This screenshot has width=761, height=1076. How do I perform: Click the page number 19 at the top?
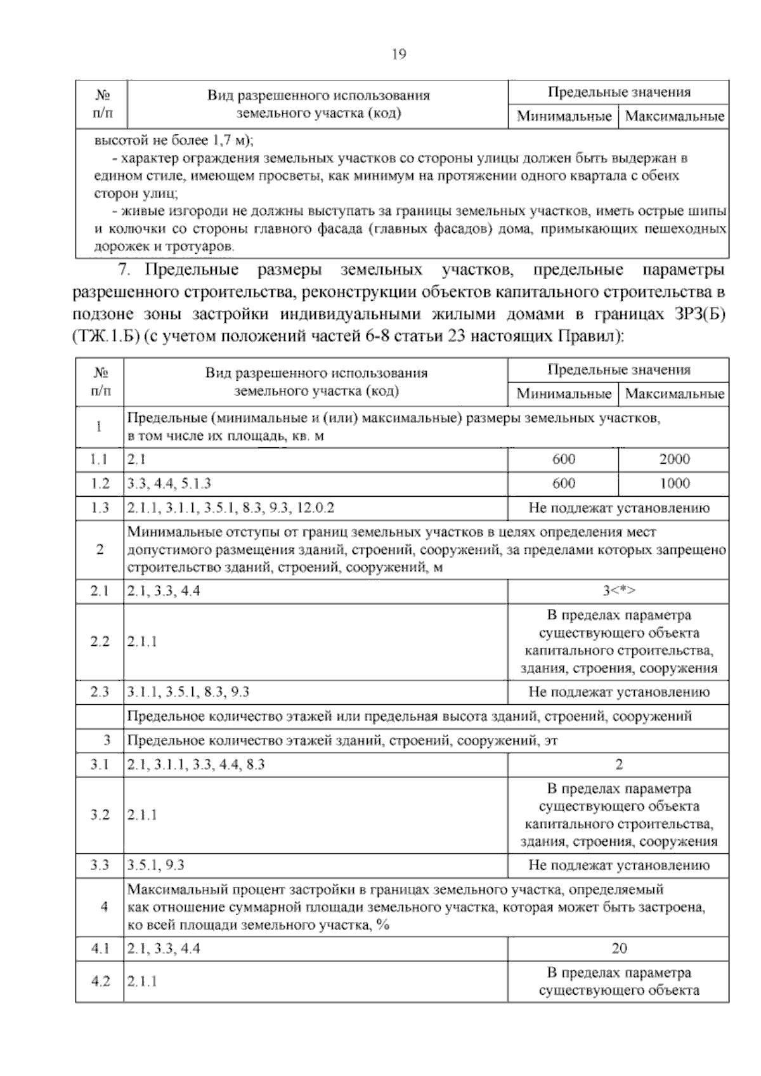tap(399, 54)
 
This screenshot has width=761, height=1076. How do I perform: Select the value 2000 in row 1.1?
tap(673, 459)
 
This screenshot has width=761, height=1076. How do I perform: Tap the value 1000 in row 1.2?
tap(673, 483)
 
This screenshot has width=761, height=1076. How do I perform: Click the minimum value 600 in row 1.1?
tap(563, 459)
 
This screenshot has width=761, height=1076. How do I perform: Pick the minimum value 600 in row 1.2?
tap(563, 483)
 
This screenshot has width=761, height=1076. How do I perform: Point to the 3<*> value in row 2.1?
tap(618, 591)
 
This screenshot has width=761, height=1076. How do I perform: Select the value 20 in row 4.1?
tap(618, 948)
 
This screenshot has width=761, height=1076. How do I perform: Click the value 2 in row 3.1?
tap(618, 764)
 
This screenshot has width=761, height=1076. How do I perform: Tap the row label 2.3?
tap(100, 692)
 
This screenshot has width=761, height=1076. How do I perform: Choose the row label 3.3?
tap(100, 865)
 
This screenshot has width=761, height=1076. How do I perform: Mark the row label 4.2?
tap(100, 981)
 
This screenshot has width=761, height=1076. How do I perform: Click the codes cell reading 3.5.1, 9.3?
tap(156, 865)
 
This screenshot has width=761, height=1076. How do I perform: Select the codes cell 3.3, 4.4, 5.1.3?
tap(169, 483)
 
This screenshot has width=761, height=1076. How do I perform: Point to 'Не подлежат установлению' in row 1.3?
tap(618, 508)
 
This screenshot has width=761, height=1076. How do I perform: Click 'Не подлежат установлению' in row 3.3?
tap(618, 865)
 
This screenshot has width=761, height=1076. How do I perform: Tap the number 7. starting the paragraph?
tap(124, 270)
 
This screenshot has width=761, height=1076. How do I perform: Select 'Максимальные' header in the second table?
tap(673, 393)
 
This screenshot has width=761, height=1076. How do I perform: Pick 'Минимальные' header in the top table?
tap(563, 116)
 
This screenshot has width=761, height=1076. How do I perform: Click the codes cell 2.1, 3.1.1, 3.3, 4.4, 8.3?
tap(196, 764)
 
